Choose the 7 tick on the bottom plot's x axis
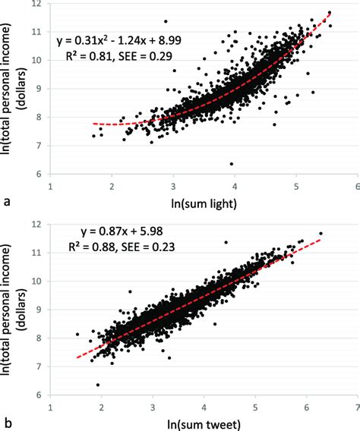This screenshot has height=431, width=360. point(356,406)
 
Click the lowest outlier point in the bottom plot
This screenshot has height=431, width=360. point(98,385)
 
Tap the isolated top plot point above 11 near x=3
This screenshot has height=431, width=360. point(166,21)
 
